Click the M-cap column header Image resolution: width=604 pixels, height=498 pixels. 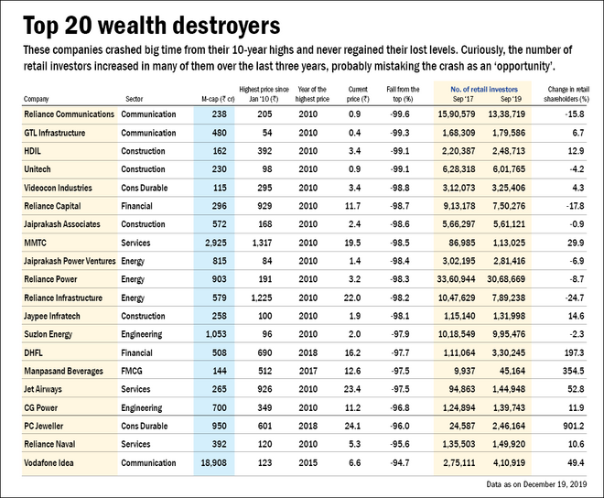tap(217, 97)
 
